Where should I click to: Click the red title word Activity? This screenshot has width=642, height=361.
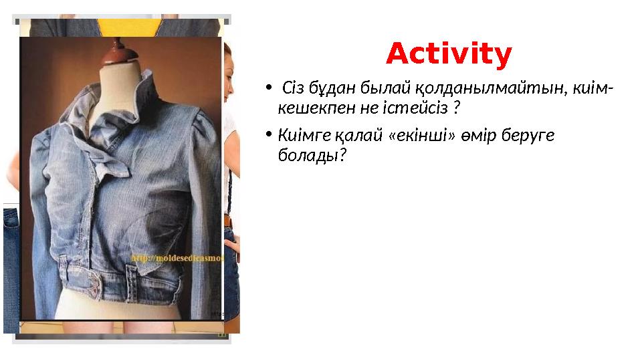[449, 54]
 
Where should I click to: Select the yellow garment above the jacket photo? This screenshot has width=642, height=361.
[130, 26]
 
